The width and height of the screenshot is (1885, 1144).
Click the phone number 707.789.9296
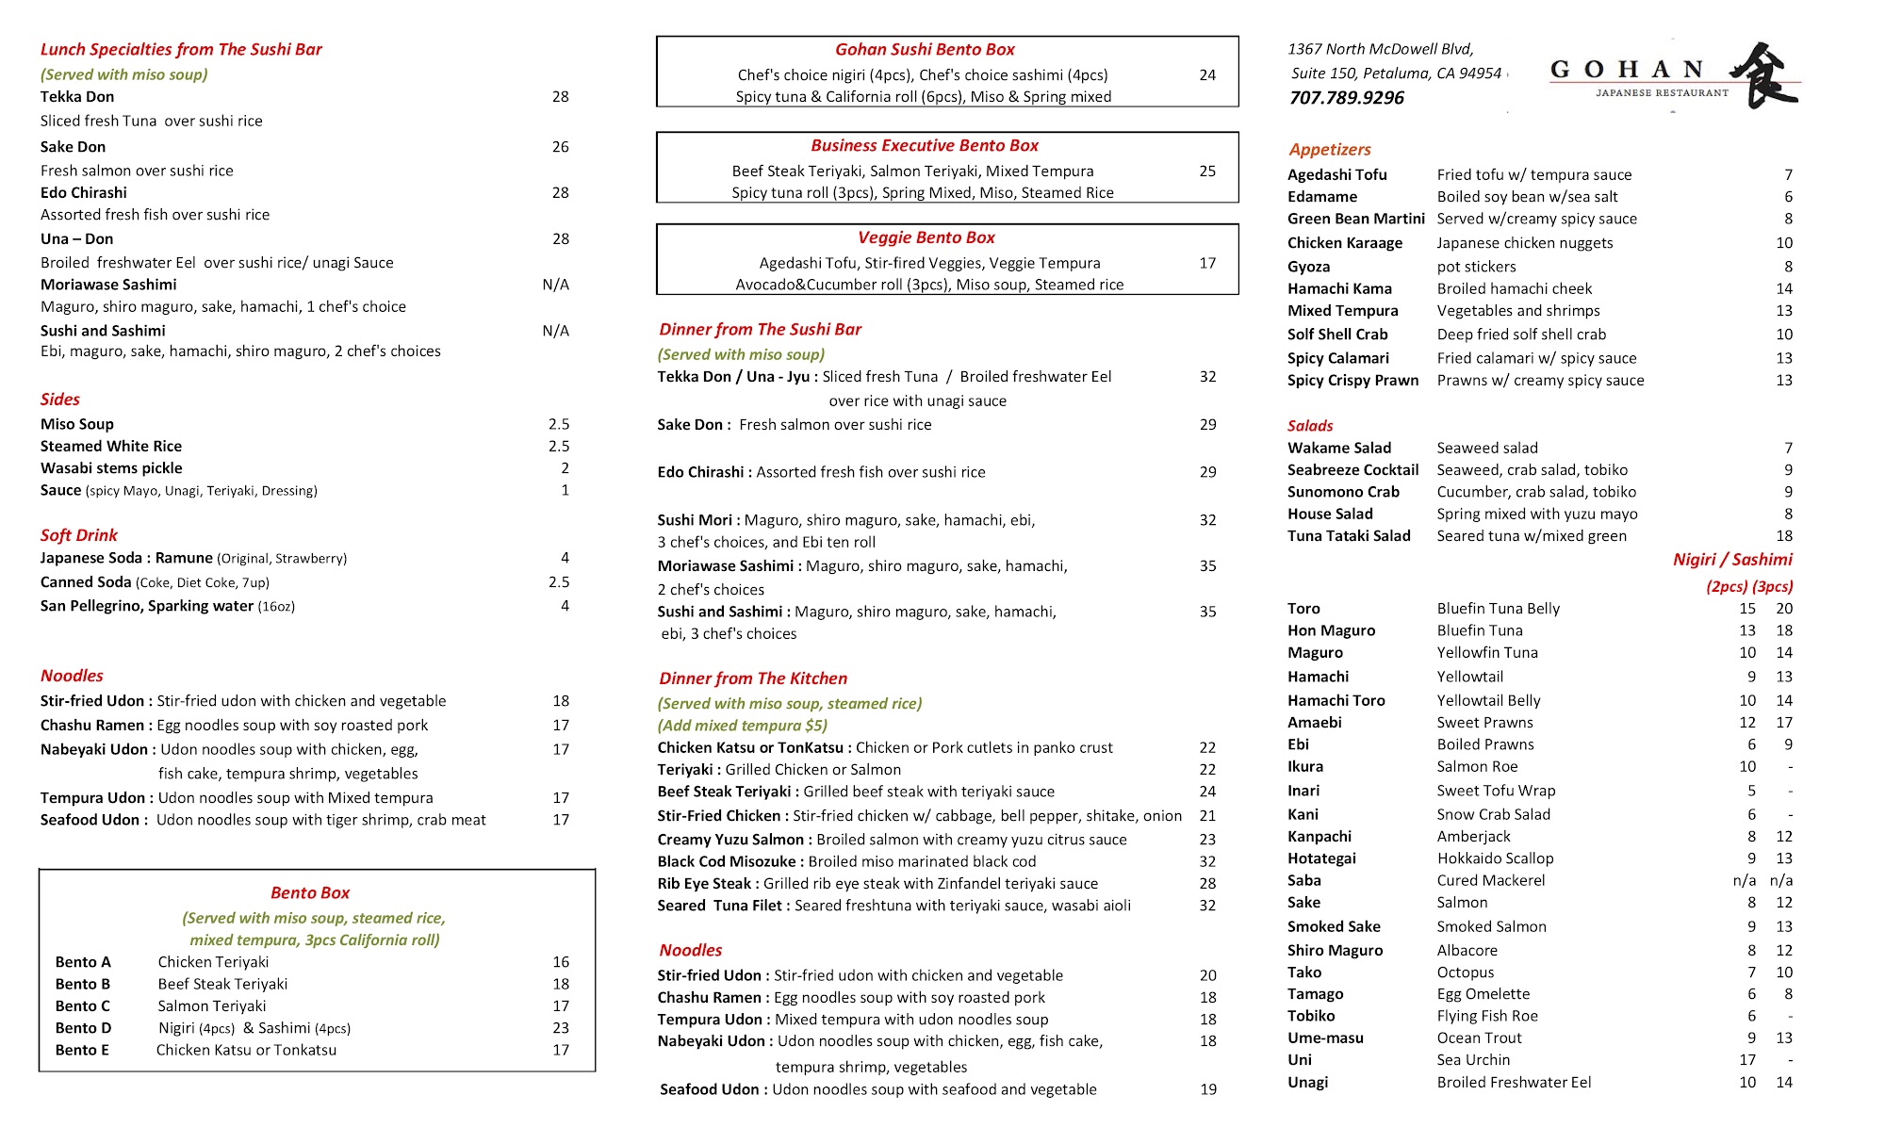1346,98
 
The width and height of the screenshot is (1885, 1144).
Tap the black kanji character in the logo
1765,75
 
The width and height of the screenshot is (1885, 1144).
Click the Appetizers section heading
1329,149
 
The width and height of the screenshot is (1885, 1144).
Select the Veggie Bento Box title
926,237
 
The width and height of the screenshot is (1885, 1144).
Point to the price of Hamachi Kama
1783,288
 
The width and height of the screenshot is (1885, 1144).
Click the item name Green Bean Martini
1355,219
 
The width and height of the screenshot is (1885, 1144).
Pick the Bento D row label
83,1028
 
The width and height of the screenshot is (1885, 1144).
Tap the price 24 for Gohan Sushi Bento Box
1206,74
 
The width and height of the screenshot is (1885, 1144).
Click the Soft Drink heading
78,535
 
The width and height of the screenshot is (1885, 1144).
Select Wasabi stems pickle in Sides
111,468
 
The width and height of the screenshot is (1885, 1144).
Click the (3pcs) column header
1772,586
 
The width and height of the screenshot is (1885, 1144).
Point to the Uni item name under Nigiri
1299,1060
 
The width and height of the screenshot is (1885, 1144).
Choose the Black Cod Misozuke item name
726,861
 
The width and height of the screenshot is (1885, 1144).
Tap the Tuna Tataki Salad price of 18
1783,536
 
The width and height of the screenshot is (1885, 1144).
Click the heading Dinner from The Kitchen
752,678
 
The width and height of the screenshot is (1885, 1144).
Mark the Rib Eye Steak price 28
1206,884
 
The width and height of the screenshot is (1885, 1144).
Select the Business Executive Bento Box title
924,145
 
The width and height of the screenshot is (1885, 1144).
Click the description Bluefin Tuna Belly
1498,609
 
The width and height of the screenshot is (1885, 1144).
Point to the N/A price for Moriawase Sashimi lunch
555,285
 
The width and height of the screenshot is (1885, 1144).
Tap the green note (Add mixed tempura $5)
742,726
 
